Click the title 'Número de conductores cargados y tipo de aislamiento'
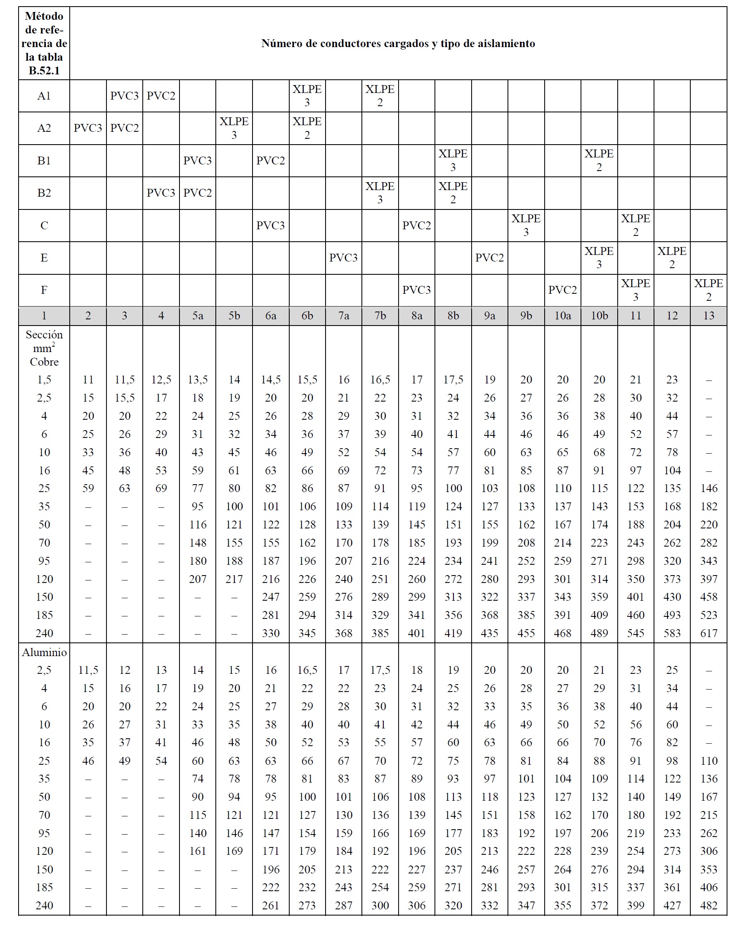click(x=398, y=43)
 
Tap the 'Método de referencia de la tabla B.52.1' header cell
click(x=44, y=43)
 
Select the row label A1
click(x=44, y=96)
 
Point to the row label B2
click(x=44, y=193)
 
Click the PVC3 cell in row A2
click(x=88, y=128)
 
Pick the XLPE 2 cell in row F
click(x=708, y=290)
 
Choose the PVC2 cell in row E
click(x=489, y=257)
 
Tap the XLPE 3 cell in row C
click(x=526, y=225)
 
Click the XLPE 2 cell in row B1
click(x=599, y=160)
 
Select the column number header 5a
click(x=197, y=316)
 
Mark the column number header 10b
click(x=599, y=316)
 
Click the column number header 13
click(x=708, y=316)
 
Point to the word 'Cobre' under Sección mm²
click(x=44, y=362)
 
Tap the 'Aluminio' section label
click(x=44, y=652)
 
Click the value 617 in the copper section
click(x=708, y=633)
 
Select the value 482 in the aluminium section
click(x=708, y=905)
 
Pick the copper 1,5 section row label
click(x=44, y=380)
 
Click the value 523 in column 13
click(x=708, y=615)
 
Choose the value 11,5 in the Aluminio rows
click(x=88, y=670)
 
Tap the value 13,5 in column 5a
click(x=197, y=380)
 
